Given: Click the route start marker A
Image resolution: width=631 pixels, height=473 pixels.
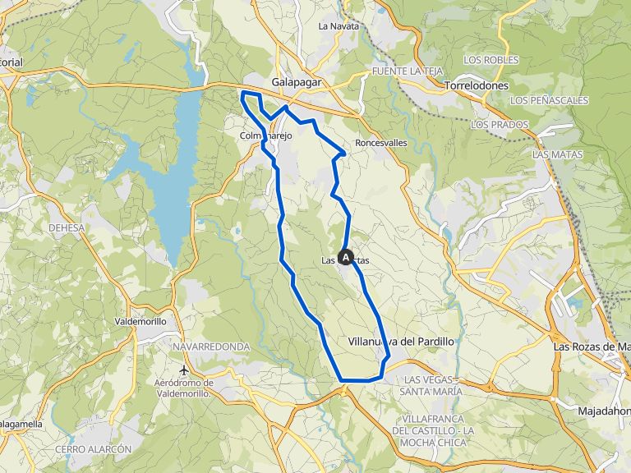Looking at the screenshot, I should point(346,257).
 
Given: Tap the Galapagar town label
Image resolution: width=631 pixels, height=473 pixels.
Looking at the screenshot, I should point(297,83).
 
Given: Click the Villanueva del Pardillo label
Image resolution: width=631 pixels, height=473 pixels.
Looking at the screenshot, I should point(402,341).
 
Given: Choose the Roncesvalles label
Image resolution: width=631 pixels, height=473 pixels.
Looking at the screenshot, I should point(381,142).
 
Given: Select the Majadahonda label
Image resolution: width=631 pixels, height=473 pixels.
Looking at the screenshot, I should point(603,410).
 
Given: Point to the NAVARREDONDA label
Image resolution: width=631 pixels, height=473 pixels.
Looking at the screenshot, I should point(211,347).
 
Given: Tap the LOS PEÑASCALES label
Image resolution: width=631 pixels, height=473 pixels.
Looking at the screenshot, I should point(549,100).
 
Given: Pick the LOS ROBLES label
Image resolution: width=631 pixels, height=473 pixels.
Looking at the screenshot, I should point(491,60).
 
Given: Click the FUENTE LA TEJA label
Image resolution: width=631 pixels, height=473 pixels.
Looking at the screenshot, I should point(408,71).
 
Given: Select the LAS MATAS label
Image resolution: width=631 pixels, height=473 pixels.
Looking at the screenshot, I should point(554,154).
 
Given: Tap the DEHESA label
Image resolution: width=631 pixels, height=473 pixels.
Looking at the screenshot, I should point(67,228).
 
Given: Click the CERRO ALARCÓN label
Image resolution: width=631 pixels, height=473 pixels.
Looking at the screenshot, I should point(94,450).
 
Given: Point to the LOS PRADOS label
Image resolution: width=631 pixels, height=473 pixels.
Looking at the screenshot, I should point(500,124).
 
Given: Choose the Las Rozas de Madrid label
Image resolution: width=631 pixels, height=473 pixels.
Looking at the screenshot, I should point(591,347).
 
